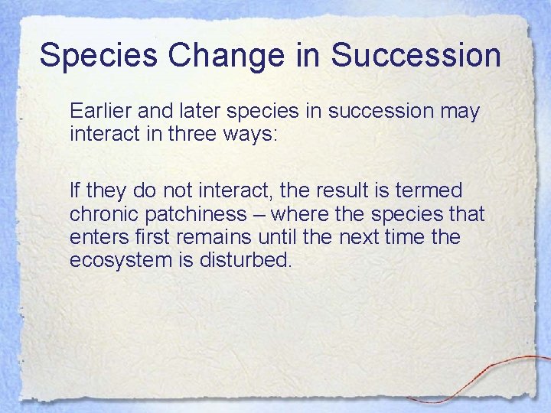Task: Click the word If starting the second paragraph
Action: click(x=74, y=189)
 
